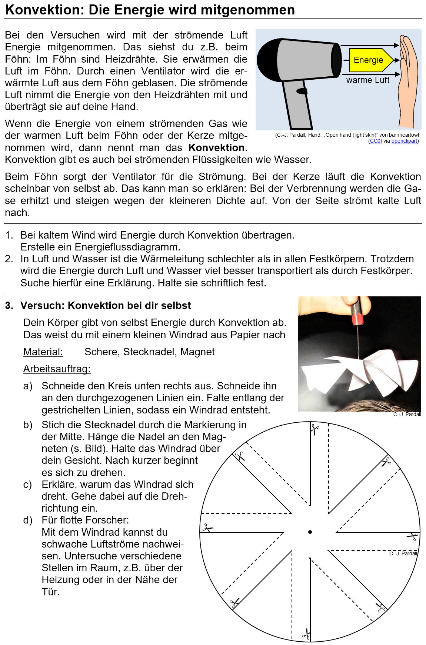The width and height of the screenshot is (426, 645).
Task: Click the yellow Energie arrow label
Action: [369, 60]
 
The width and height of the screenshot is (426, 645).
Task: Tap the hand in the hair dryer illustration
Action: [408, 82]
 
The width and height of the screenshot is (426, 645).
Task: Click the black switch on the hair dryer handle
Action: [302, 91]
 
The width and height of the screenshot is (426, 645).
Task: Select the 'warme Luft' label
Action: [367, 80]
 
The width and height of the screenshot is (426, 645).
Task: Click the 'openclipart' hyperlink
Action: [405, 141]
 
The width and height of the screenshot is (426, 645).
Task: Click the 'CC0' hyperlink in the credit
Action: [375, 141]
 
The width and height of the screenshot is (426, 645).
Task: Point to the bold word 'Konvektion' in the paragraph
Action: [216, 148]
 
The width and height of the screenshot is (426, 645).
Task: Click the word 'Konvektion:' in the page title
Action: [45, 10]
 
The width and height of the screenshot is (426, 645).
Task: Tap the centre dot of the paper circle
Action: [310, 532]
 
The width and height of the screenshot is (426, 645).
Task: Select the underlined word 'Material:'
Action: [43, 352]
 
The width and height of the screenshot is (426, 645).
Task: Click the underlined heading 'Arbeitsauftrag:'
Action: [57, 369]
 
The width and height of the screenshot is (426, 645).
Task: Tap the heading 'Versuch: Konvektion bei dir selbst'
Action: [106, 306]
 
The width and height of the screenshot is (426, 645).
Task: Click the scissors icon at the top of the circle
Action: [315, 430]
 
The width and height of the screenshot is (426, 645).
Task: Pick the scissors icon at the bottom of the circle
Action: [306, 634]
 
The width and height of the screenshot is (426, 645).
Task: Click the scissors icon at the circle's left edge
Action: [207, 528]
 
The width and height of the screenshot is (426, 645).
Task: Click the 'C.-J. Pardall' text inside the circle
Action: [403, 553]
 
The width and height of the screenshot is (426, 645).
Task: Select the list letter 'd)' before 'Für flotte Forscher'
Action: [28, 520]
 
